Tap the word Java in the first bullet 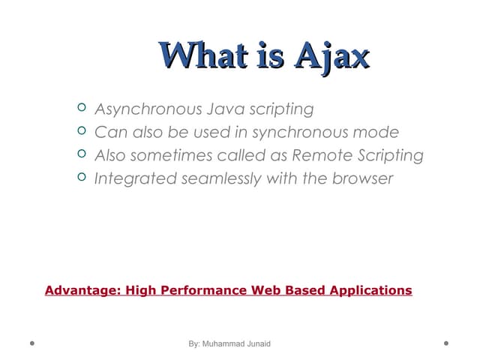[x=216, y=109]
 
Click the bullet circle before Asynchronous [x=82, y=109]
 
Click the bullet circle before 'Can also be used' [x=82, y=132]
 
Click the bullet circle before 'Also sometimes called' [x=82, y=155]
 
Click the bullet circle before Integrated [x=82, y=178]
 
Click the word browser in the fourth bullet [x=362, y=179]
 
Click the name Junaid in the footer [x=257, y=343]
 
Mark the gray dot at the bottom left [x=32, y=343]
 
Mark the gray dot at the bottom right [x=446, y=343]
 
